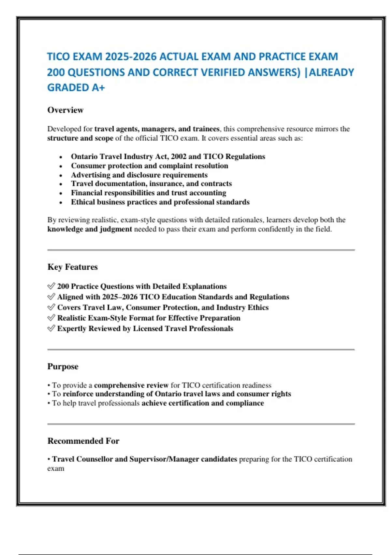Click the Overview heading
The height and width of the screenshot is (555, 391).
(65, 110)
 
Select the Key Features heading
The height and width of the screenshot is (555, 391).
(72, 267)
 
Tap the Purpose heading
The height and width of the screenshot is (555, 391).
(63, 366)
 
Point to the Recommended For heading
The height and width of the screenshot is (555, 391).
(83, 441)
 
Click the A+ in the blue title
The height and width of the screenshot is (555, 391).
(98, 87)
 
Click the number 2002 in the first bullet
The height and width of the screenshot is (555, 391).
(179, 156)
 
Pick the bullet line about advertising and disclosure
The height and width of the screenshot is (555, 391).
(139, 175)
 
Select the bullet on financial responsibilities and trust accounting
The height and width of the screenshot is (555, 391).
(149, 193)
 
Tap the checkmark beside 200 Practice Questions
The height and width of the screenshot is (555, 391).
(51, 286)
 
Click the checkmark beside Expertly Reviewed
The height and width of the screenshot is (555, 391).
(51, 328)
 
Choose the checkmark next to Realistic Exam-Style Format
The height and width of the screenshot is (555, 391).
(51, 318)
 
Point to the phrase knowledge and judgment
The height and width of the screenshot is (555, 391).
(90, 229)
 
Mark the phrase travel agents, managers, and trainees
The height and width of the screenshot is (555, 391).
(157, 129)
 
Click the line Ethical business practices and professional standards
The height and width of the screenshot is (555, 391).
(160, 202)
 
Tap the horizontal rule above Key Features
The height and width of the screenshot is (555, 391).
(201, 250)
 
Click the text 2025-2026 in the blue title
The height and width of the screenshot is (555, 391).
(131, 56)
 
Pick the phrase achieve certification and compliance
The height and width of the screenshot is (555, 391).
(203, 403)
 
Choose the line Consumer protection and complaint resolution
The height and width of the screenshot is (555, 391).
(150, 166)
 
